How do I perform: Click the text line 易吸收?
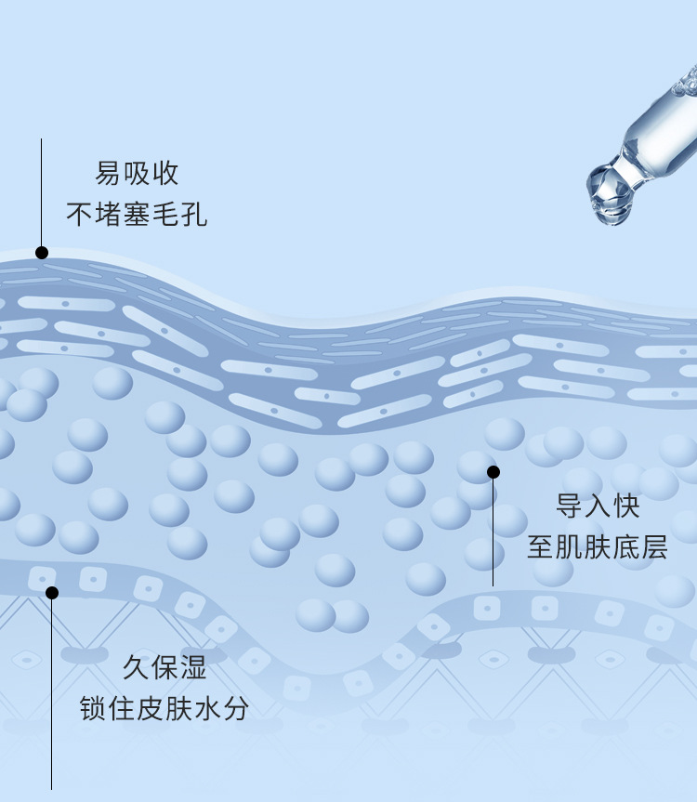click(x=137, y=174)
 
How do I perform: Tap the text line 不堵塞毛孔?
click(x=137, y=216)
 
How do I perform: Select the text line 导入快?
click(x=598, y=506)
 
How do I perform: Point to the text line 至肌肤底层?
click(x=598, y=547)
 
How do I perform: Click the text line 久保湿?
click(x=164, y=667)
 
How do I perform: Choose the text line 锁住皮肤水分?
click(x=164, y=709)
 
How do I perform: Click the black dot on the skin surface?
click(x=41, y=253)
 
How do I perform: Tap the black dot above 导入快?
click(x=493, y=472)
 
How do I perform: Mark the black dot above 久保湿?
click(x=52, y=592)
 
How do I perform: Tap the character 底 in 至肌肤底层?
click(x=626, y=547)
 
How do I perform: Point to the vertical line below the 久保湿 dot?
click(x=52, y=697)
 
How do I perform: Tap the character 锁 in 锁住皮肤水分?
click(x=93, y=709)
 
